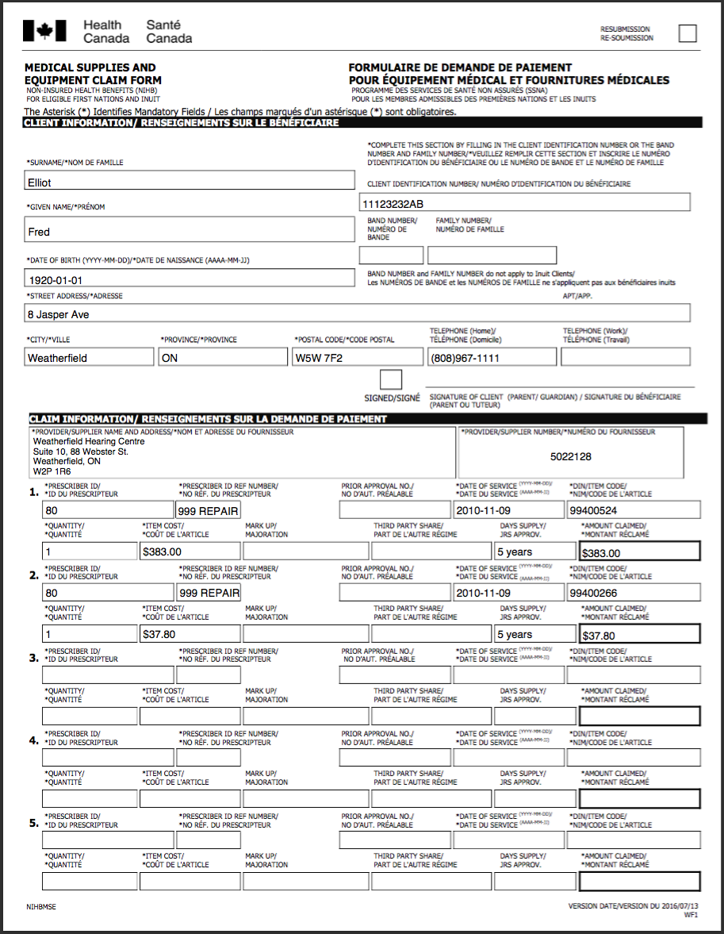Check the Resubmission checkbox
[688, 33]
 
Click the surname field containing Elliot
[190, 182]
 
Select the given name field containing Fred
[190, 231]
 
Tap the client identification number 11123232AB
[524, 203]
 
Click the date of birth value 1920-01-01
[190, 279]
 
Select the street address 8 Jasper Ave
[357, 314]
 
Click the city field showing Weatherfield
[89, 358]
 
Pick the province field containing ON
[223, 358]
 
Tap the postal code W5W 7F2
[357, 358]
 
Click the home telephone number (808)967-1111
[492, 358]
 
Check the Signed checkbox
[391, 379]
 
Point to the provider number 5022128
[570, 456]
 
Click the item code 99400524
[634, 510]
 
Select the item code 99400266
[634, 593]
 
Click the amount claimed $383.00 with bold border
[639, 552]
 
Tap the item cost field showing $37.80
[190, 634]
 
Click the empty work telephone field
[625, 358]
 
